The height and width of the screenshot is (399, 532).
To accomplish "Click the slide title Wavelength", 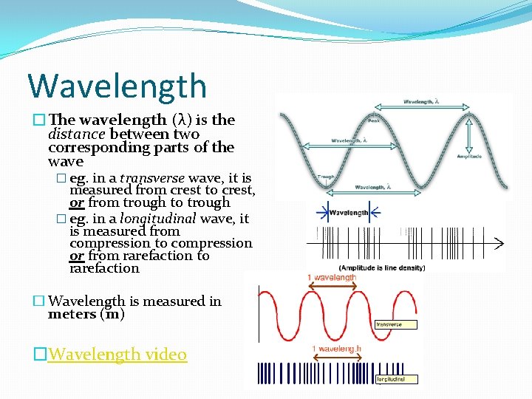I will (x=117, y=86).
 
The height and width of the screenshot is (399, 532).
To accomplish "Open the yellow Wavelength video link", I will (x=117, y=355).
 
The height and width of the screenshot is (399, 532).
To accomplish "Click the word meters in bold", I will (x=72, y=314).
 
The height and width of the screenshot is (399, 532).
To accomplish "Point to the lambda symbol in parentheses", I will (x=180, y=120).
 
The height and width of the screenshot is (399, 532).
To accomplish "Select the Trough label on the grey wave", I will (x=325, y=177).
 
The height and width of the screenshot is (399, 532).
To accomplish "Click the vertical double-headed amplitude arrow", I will (x=469, y=134).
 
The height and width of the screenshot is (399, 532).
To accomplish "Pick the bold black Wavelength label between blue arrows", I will (x=349, y=212).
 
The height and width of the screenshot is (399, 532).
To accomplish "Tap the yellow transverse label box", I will (x=395, y=324).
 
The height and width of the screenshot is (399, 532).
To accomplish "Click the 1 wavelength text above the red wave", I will (x=332, y=278).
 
